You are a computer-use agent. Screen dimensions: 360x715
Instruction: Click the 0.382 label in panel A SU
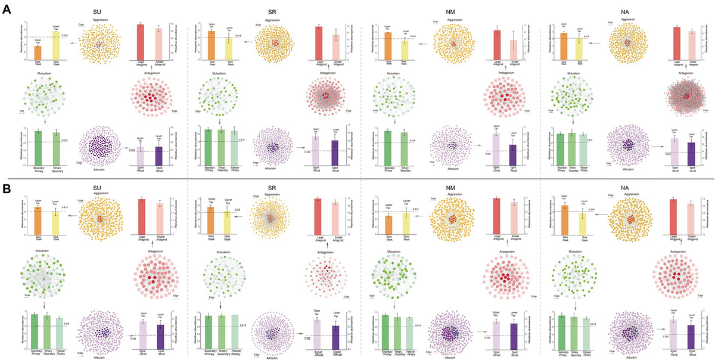[131, 150]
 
